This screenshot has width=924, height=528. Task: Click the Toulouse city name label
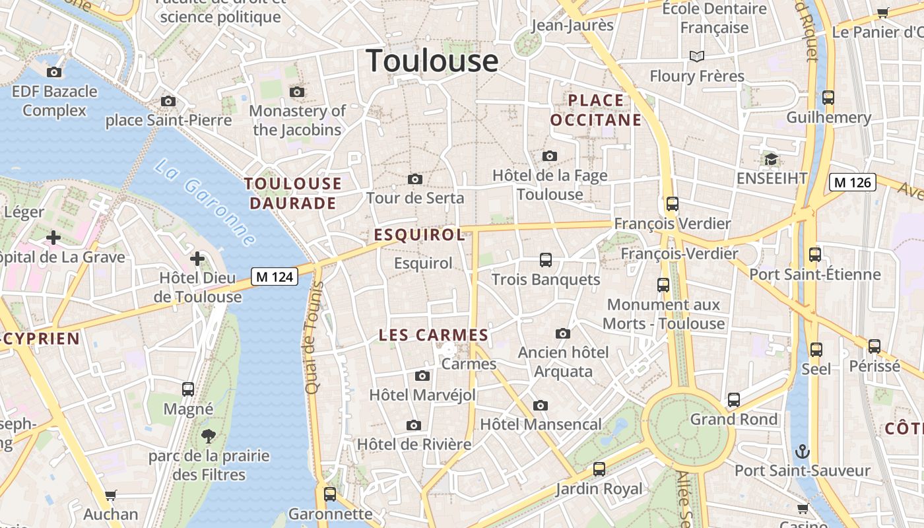432,61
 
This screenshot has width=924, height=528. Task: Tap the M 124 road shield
274,277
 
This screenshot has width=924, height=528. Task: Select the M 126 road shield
852,182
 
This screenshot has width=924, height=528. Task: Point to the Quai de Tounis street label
313,338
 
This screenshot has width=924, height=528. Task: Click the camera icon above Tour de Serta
415,179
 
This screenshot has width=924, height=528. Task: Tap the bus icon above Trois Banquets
545,260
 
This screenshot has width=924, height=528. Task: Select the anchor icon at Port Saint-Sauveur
803,451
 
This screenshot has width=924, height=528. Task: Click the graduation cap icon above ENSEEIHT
771,159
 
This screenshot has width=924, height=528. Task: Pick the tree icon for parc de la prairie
209,436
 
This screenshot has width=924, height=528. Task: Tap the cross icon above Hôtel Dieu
197,258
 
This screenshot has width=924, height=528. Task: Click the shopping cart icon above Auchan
111,495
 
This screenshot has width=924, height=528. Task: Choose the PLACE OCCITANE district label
596,110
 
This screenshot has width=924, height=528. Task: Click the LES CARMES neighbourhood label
433,335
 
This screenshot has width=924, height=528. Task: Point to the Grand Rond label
734,419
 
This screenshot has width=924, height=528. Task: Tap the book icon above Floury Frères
697,56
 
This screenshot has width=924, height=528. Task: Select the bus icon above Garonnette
330,494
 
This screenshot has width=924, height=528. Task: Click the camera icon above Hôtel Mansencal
541,405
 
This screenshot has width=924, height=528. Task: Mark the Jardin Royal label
599,488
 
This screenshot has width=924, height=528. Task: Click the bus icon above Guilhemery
828,98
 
